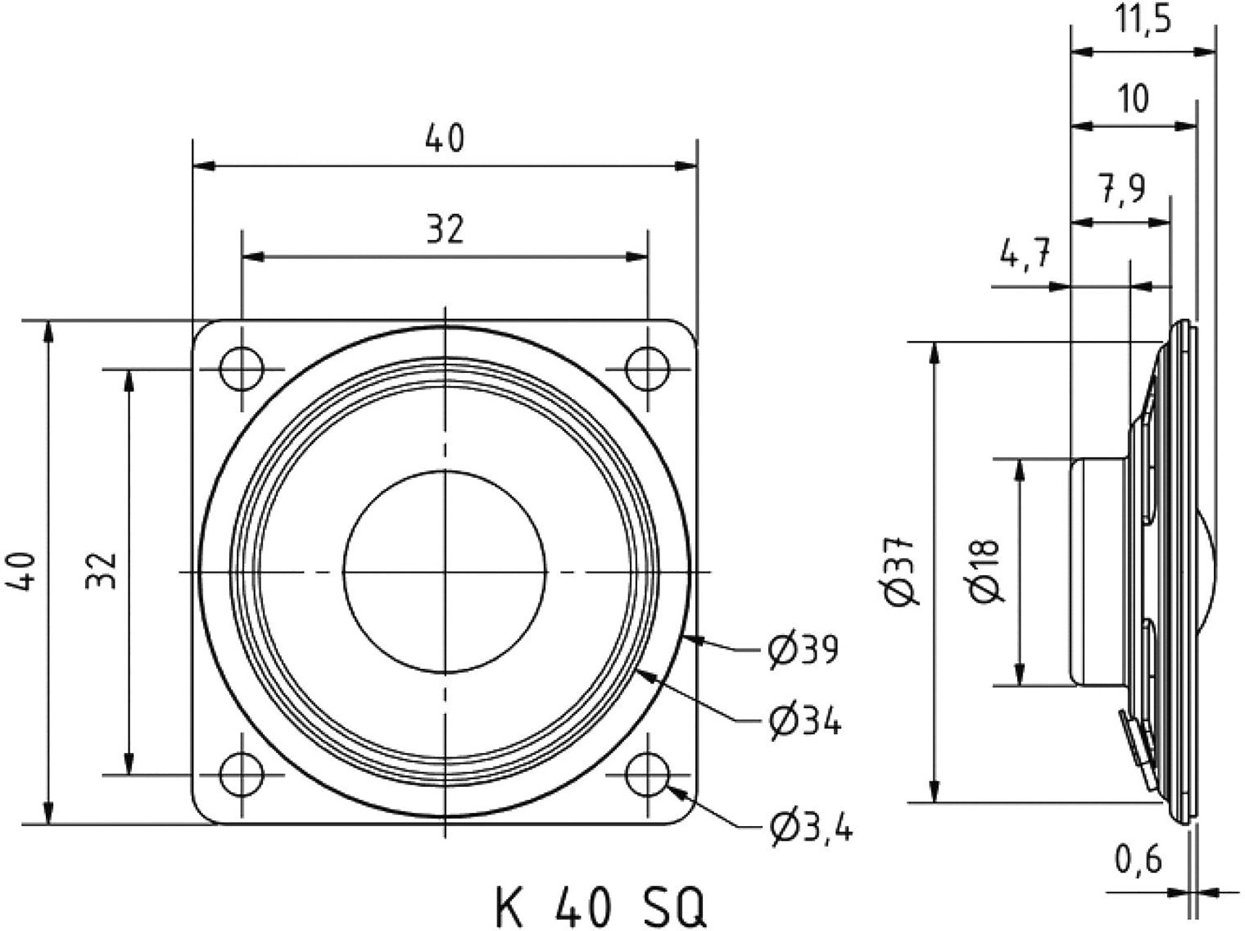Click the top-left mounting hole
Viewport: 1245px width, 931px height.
click(x=241, y=370)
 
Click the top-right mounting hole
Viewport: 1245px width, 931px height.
click(x=648, y=370)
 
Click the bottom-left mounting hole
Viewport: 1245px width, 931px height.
click(x=241, y=775)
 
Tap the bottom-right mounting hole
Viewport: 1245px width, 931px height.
click(x=648, y=775)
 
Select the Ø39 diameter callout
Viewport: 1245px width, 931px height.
click(x=804, y=649)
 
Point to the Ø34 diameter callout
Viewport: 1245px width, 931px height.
click(x=805, y=720)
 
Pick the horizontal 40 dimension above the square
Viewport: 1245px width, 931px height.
click(x=445, y=139)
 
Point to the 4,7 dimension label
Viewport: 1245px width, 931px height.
click(x=1025, y=255)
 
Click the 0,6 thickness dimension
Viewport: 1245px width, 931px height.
click(x=1138, y=860)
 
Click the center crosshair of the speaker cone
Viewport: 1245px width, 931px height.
click(x=445, y=572)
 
